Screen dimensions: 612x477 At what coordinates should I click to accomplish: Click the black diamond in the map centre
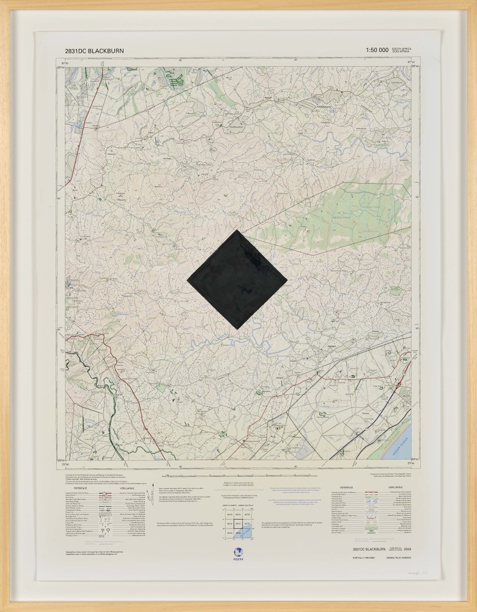[x=236, y=278]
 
